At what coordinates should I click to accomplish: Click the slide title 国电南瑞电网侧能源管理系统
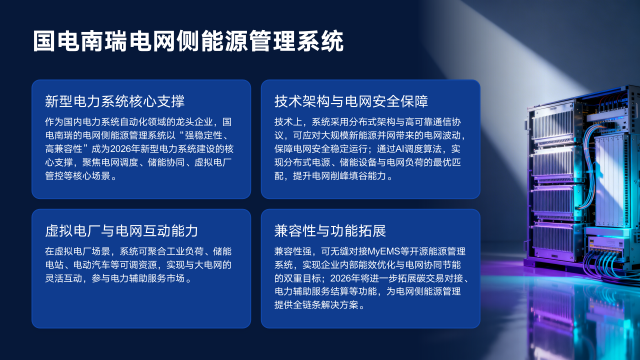188,41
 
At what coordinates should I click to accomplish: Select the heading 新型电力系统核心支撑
115,101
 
